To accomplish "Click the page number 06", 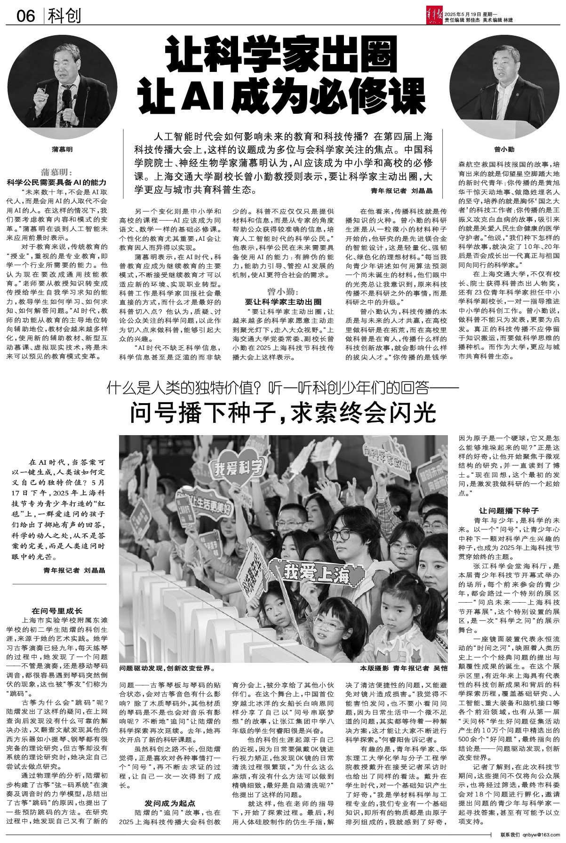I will click(x=26, y=16).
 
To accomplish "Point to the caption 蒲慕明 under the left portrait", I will click(x=63, y=150).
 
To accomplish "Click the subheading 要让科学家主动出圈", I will click(x=283, y=302).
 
